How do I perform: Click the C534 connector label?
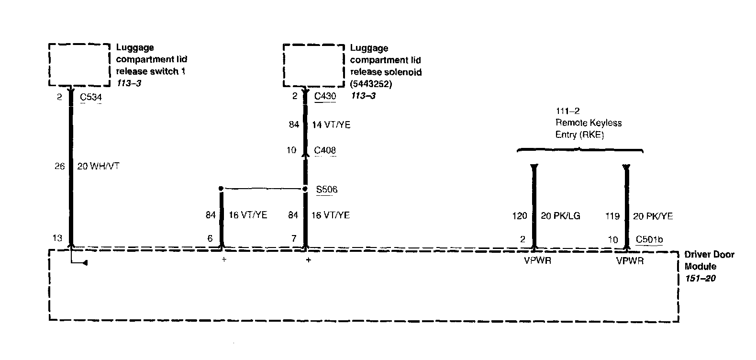coord(90,98)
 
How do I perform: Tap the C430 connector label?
coord(325,96)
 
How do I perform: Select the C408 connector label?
coord(325,150)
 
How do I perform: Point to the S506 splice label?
coord(327,190)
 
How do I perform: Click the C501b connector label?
coord(649,240)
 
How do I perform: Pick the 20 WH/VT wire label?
coord(98,167)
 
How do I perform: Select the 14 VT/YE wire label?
coord(331,125)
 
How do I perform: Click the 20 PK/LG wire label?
coord(560,216)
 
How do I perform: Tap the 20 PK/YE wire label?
coord(653,216)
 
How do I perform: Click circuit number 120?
coord(519,216)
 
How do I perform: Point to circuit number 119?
coord(612,216)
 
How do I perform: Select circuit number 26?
coord(59,167)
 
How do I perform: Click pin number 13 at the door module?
coord(57,238)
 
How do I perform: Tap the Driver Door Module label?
coord(709,260)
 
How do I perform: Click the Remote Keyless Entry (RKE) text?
coord(588,129)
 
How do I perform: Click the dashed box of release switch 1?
coord(79,65)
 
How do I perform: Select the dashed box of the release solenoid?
coord(313,66)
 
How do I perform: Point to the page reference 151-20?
coord(700,278)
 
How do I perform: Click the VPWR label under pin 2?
coord(537,261)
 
